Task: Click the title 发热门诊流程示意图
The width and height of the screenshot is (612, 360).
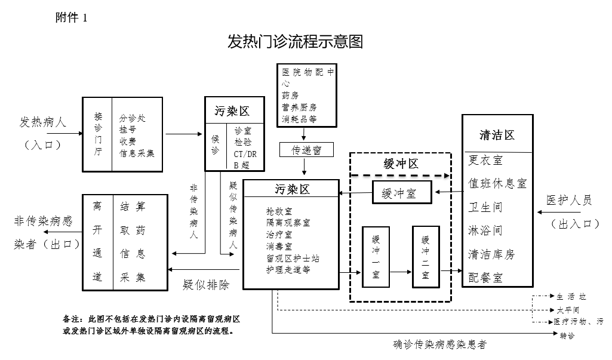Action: pos(295,42)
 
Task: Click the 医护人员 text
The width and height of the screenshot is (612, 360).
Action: pos(570,201)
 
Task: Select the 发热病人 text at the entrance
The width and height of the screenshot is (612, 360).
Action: pos(43,123)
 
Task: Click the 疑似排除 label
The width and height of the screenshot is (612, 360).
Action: pos(206,284)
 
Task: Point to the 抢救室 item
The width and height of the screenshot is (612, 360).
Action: pos(279,211)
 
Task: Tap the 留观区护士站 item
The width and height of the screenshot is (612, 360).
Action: pos(293,259)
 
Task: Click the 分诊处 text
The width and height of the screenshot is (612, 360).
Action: pos(132,118)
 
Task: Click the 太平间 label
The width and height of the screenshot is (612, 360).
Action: pos(568,310)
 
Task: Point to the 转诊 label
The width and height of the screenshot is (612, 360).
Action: pos(567,336)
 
